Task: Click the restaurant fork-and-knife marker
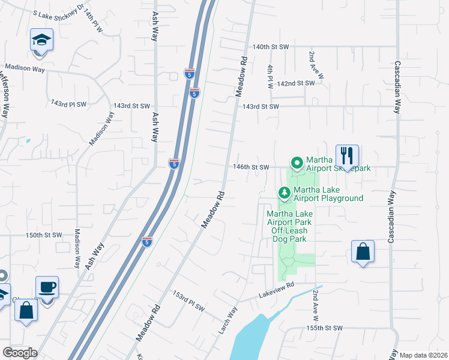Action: (347, 157)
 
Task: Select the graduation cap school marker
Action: (41, 41)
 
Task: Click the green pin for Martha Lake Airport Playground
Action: (285, 193)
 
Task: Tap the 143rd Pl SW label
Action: (68, 104)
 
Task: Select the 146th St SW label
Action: (250, 167)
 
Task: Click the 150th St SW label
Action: (44, 235)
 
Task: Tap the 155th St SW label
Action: (325, 328)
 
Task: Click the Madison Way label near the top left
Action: (25, 68)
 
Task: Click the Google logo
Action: (20, 353)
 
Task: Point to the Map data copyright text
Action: (423, 355)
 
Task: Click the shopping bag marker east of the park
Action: (363, 252)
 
